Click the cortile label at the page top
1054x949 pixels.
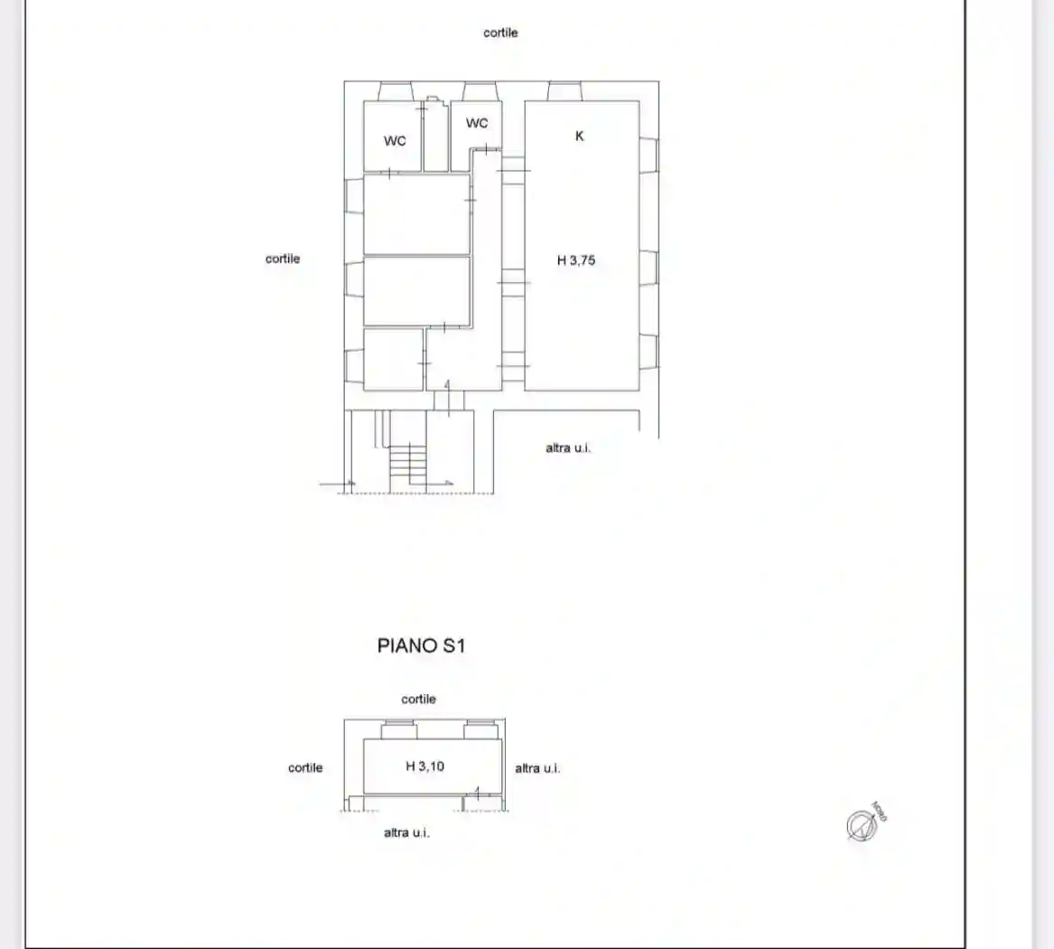click(x=500, y=33)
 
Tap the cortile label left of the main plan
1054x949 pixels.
click(x=282, y=258)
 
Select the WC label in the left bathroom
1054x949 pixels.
click(x=395, y=141)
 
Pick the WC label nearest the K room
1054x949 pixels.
click(x=477, y=123)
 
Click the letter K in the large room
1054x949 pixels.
click(x=580, y=136)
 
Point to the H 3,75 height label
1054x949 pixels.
click(x=576, y=260)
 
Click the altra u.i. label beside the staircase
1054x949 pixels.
click(x=568, y=447)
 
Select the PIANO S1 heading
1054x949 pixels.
click(x=421, y=645)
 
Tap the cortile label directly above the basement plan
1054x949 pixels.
click(x=418, y=699)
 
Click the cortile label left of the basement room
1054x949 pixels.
click(x=305, y=767)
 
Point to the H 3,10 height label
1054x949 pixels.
click(x=424, y=766)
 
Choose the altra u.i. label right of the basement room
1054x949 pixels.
click(x=537, y=768)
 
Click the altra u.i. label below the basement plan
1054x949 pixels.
click(x=406, y=832)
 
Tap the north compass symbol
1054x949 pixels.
click(x=863, y=824)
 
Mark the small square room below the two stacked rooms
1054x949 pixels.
click(x=393, y=359)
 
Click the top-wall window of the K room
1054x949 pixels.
click(x=565, y=91)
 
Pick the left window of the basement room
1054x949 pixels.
click(x=398, y=730)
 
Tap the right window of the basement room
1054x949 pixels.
click(x=480, y=730)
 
